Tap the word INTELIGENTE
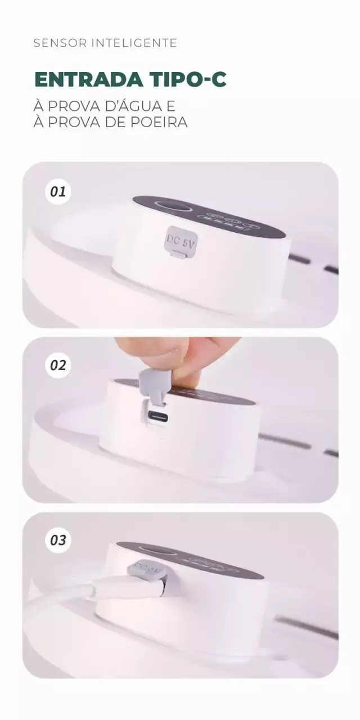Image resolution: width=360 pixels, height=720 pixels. click(x=134, y=43)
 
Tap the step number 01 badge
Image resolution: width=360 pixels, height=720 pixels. click(x=58, y=192)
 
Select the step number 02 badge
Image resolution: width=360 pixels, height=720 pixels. click(x=58, y=366)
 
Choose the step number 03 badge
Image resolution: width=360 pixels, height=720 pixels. click(x=58, y=541)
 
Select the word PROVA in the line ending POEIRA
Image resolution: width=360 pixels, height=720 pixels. click(x=69, y=122)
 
